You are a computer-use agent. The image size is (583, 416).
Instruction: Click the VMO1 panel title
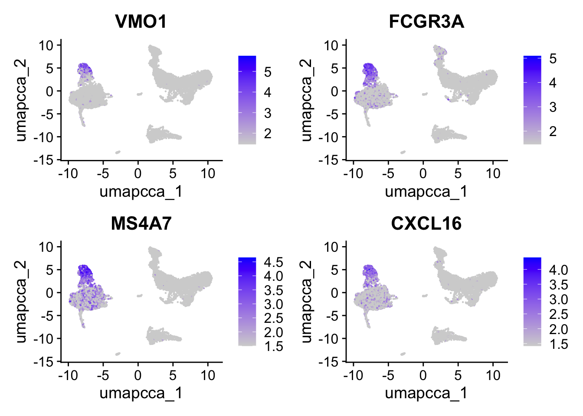(x=141, y=22)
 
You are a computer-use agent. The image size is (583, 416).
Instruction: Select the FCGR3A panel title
(x=426, y=22)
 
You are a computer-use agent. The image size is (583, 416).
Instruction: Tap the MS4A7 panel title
(x=141, y=224)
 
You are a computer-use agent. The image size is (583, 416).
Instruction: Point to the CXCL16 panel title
(x=426, y=224)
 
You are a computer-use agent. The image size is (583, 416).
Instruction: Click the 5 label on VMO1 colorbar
(x=268, y=71)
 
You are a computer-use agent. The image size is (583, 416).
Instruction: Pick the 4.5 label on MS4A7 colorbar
(x=273, y=262)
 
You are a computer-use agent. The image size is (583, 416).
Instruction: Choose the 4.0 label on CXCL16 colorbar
(x=558, y=270)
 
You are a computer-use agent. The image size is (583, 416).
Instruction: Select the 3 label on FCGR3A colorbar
(x=553, y=107)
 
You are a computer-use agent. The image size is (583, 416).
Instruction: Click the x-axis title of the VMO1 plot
(x=141, y=191)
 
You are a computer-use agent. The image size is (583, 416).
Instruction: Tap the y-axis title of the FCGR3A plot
(x=306, y=100)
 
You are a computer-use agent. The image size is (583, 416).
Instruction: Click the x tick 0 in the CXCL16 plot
(x=423, y=375)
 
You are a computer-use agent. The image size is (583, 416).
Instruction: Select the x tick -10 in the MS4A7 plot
(x=68, y=375)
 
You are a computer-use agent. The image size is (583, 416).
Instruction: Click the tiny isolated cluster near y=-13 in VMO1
(x=118, y=152)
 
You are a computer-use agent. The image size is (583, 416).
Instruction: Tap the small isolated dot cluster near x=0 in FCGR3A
(x=425, y=94)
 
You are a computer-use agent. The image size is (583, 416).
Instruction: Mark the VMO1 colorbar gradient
(x=247, y=100)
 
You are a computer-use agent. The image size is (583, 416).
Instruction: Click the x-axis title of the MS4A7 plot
(x=141, y=393)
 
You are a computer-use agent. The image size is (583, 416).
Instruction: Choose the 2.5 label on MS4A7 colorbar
(x=273, y=318)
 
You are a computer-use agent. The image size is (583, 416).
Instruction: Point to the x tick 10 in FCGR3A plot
(x=493, y=173)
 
